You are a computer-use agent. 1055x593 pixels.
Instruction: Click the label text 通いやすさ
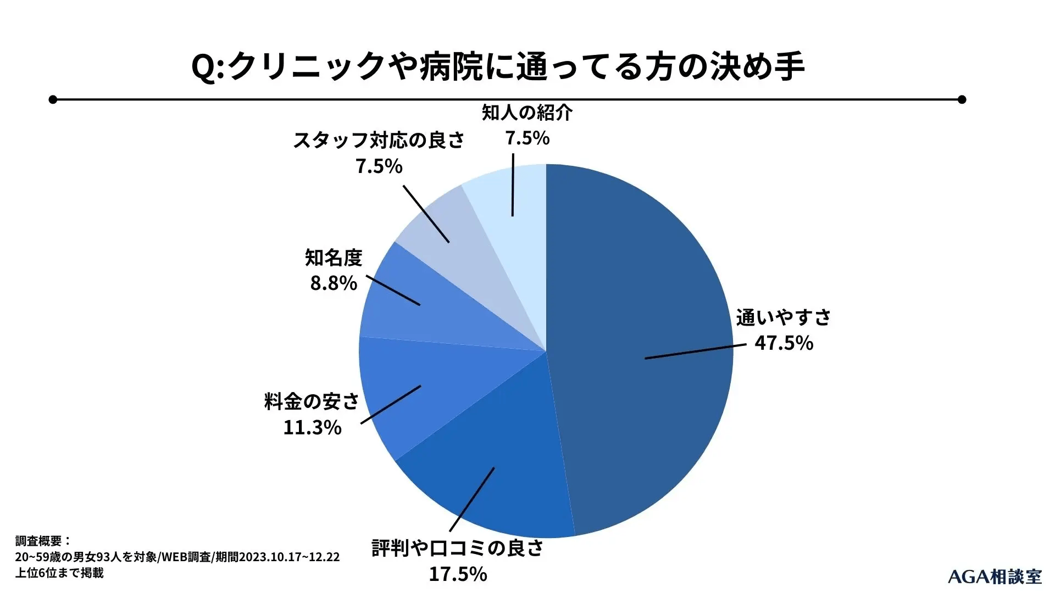783,317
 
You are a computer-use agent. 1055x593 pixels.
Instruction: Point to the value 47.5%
784,343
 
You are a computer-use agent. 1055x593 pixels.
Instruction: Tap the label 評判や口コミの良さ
457,548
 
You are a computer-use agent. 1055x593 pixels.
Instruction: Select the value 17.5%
458,574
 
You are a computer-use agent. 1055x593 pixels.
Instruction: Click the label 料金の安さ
312,401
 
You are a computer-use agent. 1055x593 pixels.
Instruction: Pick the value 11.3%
312,427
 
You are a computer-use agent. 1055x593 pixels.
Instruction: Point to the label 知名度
334,257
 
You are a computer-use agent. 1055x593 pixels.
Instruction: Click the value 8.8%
334,283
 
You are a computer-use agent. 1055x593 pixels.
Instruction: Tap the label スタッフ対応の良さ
379,140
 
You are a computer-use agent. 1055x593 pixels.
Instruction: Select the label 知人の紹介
527,112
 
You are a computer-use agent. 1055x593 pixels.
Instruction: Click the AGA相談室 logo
995,577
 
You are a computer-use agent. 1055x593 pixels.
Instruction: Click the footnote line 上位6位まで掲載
59,573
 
